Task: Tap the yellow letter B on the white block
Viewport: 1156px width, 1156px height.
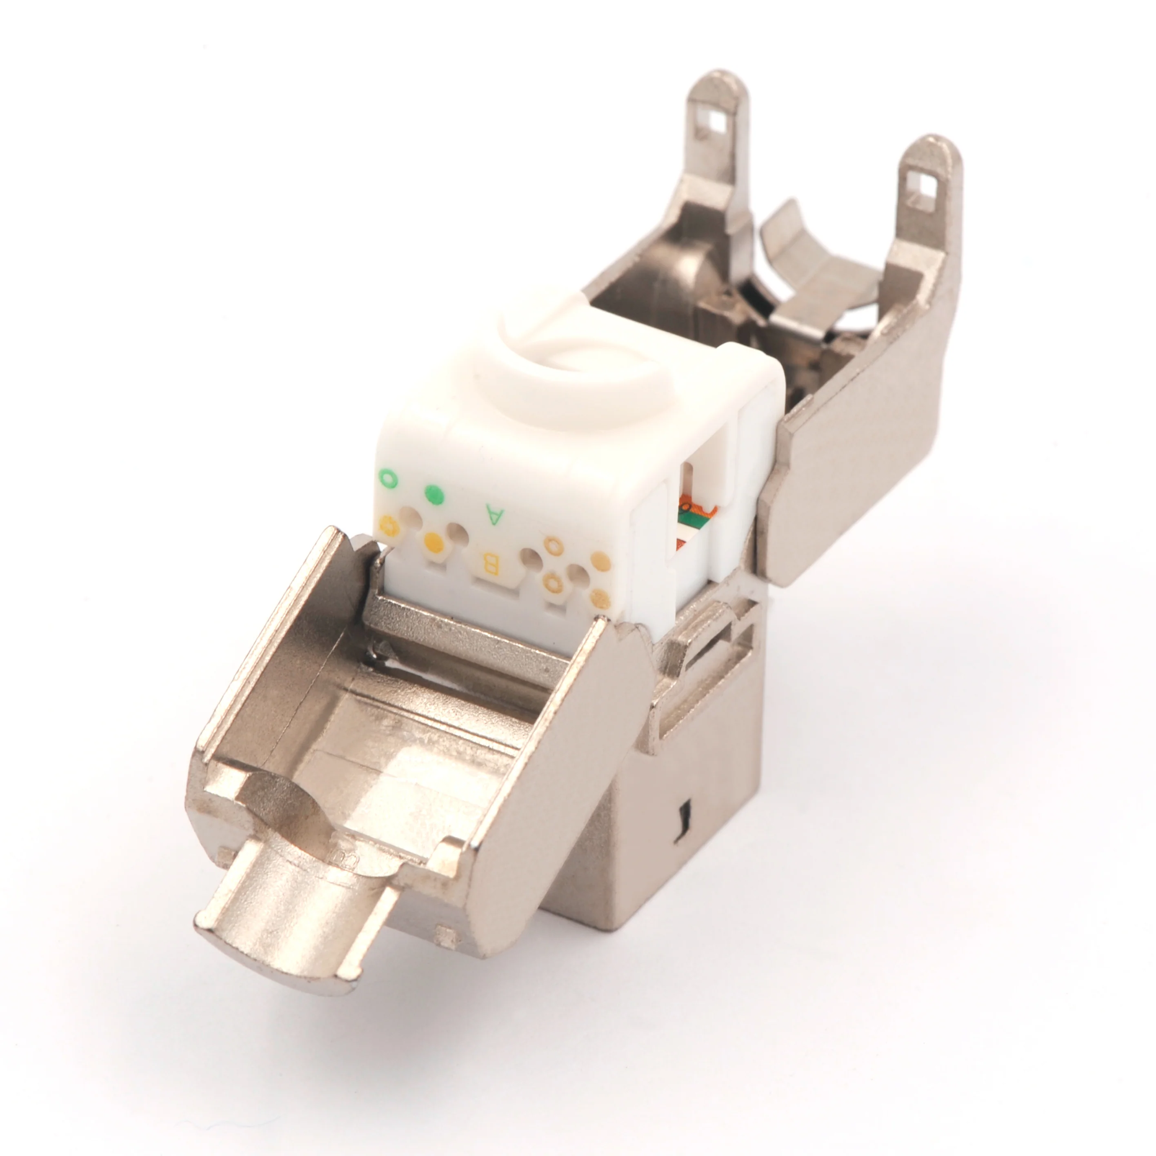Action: pos(490,562)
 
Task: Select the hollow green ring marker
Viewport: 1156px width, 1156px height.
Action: pos(388,479)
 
